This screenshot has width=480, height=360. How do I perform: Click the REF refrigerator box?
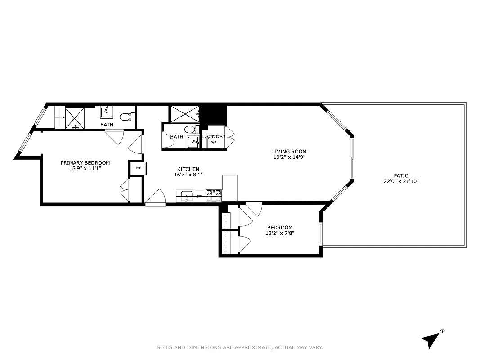pos(138,168)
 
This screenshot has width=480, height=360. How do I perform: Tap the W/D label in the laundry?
pos(213,143)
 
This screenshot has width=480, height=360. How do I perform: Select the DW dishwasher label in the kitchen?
pos(199,197)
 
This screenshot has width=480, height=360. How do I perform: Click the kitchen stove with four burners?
pos(214,195)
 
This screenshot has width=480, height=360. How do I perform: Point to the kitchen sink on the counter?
pos(185,196)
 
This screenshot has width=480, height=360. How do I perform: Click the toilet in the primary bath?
pos(127,117)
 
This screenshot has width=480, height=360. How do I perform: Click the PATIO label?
pos(401,175)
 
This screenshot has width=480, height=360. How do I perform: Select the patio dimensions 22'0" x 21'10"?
pos(401,181)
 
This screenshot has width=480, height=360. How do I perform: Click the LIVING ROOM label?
pos(289,152)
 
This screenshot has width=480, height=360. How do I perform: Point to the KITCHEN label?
pos(188,169)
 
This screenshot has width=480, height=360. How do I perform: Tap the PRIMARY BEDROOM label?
pos(85,163)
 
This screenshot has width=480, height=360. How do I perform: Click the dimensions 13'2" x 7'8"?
pos(280,233)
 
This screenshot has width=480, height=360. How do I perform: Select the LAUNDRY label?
pos(214,136)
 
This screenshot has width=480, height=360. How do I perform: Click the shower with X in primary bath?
pos(75,118)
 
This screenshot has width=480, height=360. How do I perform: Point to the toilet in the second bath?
pos(191,130)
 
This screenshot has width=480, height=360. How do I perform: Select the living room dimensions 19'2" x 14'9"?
pos(289,157)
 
